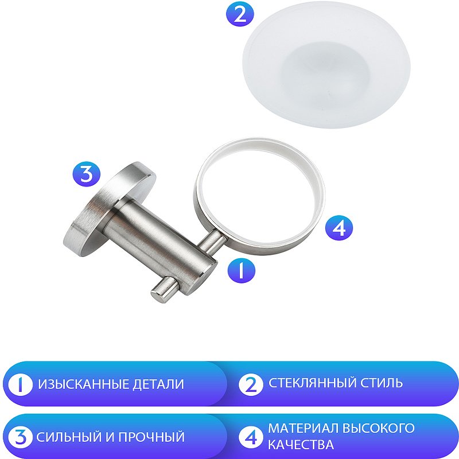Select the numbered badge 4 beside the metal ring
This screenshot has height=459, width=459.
[339, 228]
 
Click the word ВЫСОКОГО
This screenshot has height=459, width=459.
[380, 428]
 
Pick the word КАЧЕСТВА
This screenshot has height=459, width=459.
[301, 445]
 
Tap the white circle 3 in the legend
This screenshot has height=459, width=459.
[21, 437]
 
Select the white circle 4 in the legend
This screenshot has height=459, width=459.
[250, 437]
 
